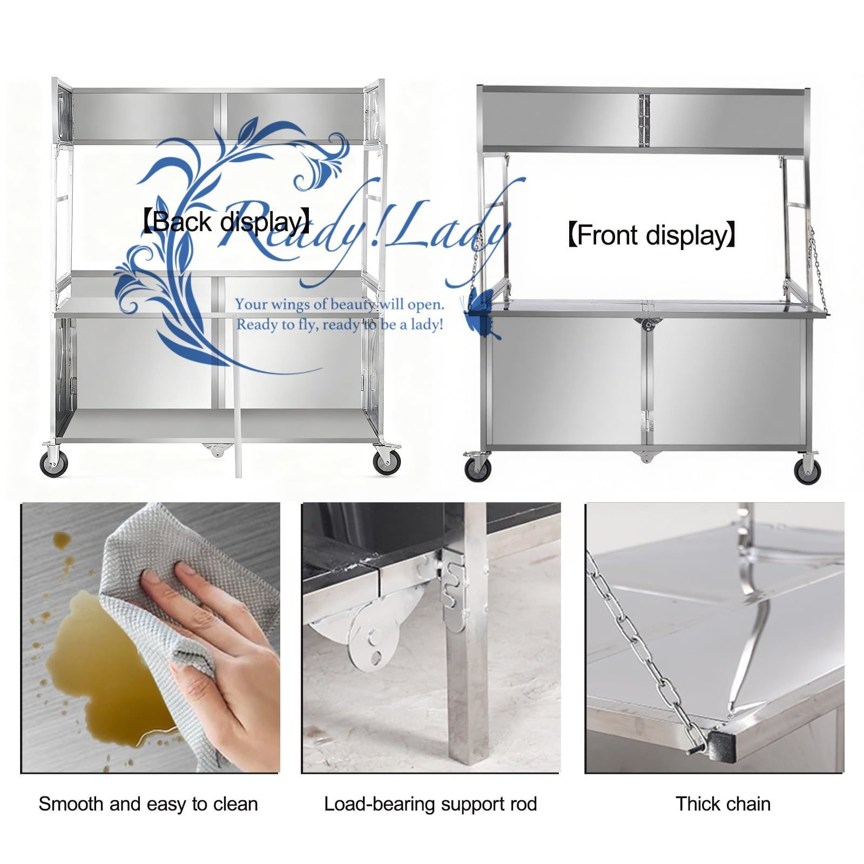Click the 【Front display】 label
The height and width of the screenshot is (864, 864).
(x=652, y=235)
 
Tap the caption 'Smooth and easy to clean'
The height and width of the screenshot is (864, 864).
(x=148, y=804)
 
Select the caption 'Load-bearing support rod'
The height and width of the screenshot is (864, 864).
(x=430, y=804)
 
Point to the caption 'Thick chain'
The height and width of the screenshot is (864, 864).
(x=723, y=804)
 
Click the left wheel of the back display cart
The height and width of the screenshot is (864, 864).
(x=53, y=463)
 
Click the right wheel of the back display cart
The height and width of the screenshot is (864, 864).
(x=384, y=463)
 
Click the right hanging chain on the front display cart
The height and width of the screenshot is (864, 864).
(x=814, y=270)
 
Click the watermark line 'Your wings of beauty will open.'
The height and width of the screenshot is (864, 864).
(x=340, y=305)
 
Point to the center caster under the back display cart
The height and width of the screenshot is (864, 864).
(x=215, y=449)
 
